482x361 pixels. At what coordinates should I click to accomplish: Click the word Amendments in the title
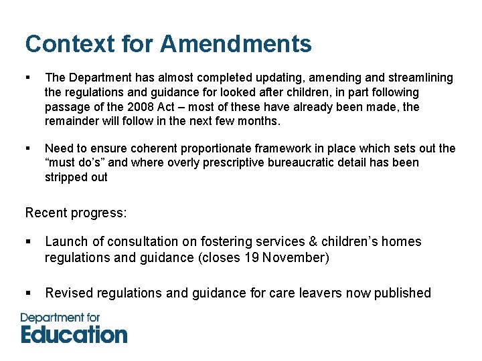[x=236, y=44]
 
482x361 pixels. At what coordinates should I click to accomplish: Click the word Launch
[x=66, y=241]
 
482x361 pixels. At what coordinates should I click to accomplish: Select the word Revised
[x=69, y=293]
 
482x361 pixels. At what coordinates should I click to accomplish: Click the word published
[x=400, y=293]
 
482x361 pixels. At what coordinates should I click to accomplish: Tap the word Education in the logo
[x=74, y=334]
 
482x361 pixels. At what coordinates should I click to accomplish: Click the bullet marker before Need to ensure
[x=28, y=148]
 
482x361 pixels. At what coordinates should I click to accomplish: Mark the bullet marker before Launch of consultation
[x=28, y=241]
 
